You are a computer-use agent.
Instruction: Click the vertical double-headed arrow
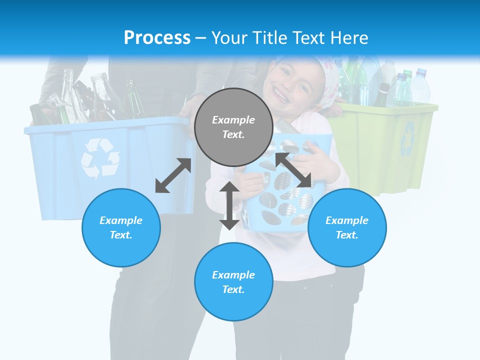tap(229, 205)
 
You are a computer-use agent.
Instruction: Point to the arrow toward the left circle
tap(173, 175)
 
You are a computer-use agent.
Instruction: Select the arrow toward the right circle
tap(293, 170)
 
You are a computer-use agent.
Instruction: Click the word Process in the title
tap(157, 37)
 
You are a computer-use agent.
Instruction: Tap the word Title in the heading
tap(270, 37)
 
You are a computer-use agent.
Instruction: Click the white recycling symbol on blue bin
tap(99, 158)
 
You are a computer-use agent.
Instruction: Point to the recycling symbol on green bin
tap(408, 138)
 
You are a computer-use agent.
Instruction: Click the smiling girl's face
tap(290, 85)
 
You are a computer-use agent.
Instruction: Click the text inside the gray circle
tap(233, 127)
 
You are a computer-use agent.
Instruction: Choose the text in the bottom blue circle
tap(233, 282)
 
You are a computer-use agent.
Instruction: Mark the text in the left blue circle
tap(121, 227)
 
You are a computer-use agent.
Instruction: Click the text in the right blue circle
tap(347, 227)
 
